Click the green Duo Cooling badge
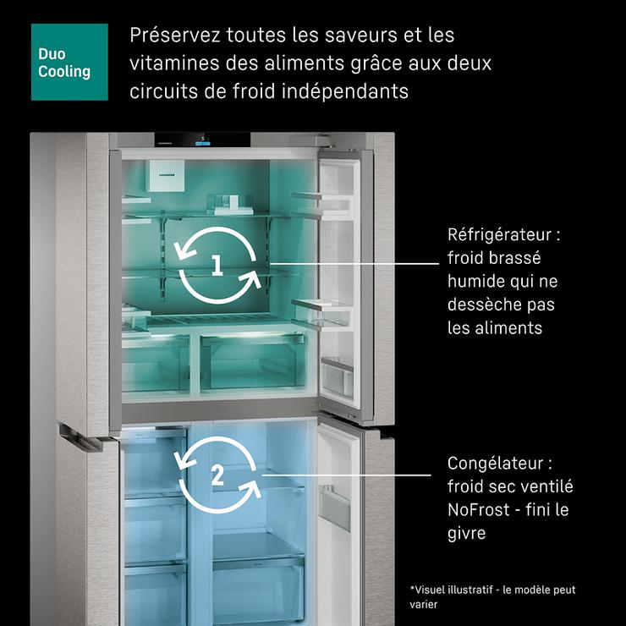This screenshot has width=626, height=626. tap(69, 62)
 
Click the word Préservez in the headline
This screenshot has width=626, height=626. tap(175, 35)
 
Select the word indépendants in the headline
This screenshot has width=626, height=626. tap(344, 91)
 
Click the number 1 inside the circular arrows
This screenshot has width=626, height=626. tap(217, 265)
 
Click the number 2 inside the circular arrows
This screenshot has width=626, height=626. tap(217, 475)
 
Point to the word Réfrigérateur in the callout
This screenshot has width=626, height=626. tap(499, 235)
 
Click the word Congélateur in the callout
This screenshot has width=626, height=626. tap(495, 464)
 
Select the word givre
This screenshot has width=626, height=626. tap(466, 534)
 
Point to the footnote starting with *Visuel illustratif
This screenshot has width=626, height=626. tap(492, 597)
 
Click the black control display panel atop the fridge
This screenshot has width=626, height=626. tap(202, 140)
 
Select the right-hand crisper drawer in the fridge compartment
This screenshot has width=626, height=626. tap(252, 362)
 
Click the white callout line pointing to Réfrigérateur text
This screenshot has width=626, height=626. tap(354, 263)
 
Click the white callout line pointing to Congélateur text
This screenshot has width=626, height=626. tap(346, 475)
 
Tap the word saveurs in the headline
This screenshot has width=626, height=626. tap(361, 36)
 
